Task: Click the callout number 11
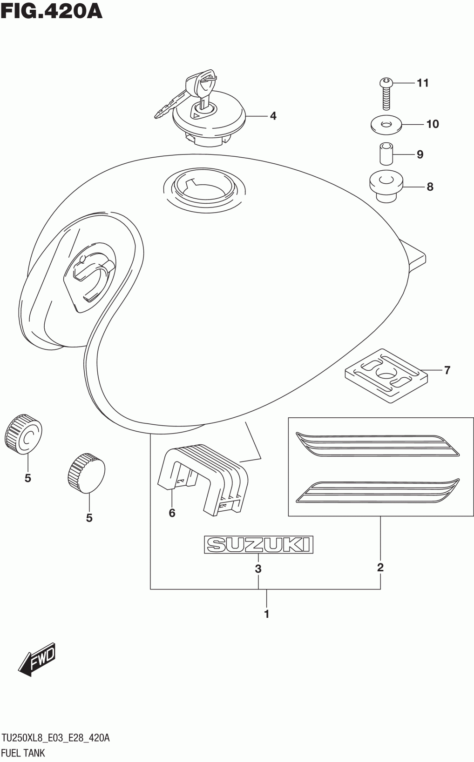click(422, 83)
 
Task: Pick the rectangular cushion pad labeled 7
click(386, 375)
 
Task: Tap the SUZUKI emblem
click(258, 545)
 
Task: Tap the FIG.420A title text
click(51, 11)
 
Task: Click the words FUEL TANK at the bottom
click(23, 752)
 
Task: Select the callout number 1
click(267, 614)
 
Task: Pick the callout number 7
click(447, 370)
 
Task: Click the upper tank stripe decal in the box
click(377, 445)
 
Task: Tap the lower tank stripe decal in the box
click(377, 491)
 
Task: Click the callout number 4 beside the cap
click(273, 116)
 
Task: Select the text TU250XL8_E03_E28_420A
click(55, 738)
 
